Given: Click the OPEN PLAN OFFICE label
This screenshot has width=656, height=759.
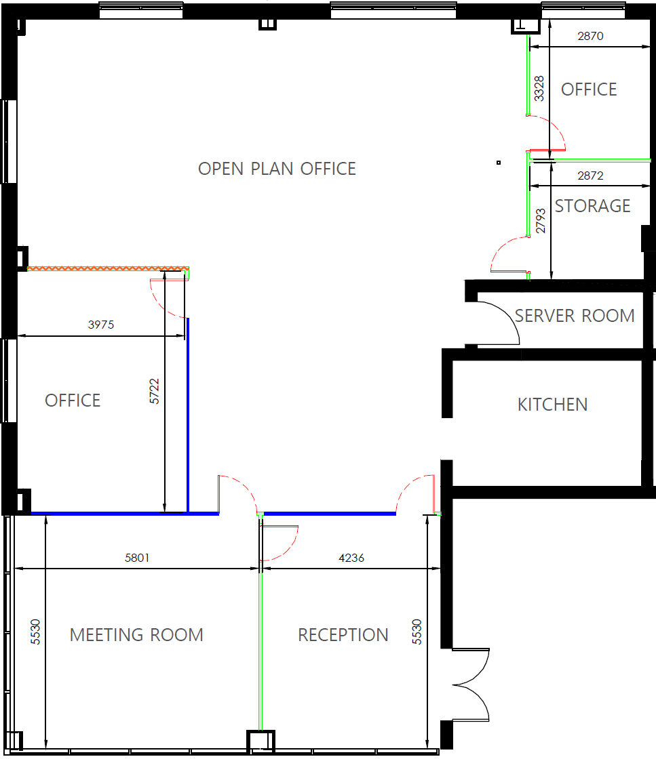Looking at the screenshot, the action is click(277, 169).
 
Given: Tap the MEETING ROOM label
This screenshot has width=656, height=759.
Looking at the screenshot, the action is click(136, 634).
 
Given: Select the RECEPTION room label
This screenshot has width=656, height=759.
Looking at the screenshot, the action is click(343, 634).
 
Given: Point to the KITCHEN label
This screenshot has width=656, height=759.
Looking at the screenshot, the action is click(552, 404).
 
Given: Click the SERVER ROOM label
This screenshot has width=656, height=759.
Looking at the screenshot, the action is click(574, 316).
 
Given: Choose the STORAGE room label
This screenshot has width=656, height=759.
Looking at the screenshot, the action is click(592, 206).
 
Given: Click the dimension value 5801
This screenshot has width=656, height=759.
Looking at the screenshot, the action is click(137, 558).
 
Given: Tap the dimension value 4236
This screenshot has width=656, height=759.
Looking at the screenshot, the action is click(351, 558).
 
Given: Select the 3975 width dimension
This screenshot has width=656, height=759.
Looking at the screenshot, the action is click(101, 325).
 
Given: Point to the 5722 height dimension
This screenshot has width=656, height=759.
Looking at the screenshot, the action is click(154, 391).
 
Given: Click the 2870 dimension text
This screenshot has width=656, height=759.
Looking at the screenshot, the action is click(591, 36).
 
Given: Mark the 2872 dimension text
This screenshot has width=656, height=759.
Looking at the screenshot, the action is click(591, 176).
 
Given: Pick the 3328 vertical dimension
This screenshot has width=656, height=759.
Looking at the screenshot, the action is click(539, 89).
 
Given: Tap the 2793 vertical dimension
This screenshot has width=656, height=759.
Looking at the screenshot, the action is click(541, 221).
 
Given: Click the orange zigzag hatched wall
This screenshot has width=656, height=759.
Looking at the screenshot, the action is click(108, 268).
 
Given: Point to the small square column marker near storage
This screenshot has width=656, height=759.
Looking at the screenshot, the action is click(499, 163).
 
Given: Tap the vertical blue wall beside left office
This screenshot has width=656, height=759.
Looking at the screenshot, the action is click(188, 415).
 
